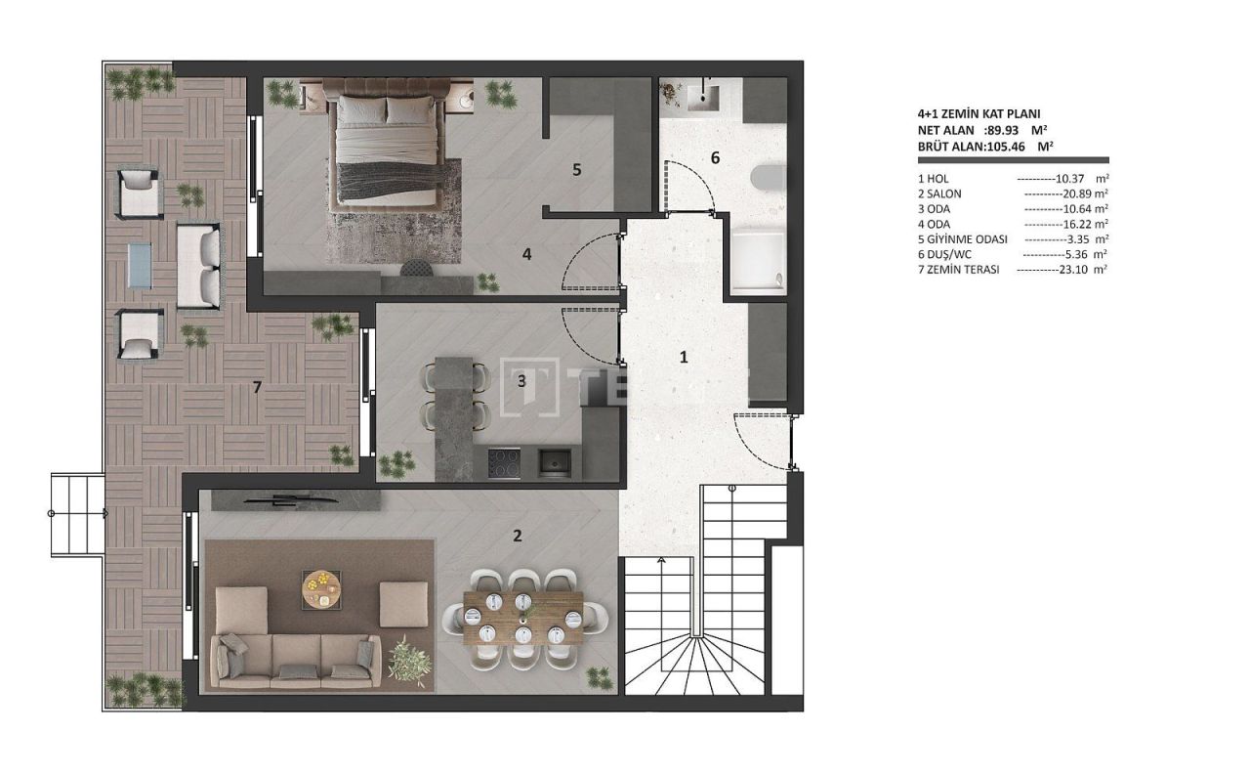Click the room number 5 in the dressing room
576,169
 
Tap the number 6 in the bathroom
715,157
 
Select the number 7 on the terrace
257,387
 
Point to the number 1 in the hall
684,357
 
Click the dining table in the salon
523,618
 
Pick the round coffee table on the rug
321,587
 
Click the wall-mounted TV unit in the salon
296,501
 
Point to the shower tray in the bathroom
758,261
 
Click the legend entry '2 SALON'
939,194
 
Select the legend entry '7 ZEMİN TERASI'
959,269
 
